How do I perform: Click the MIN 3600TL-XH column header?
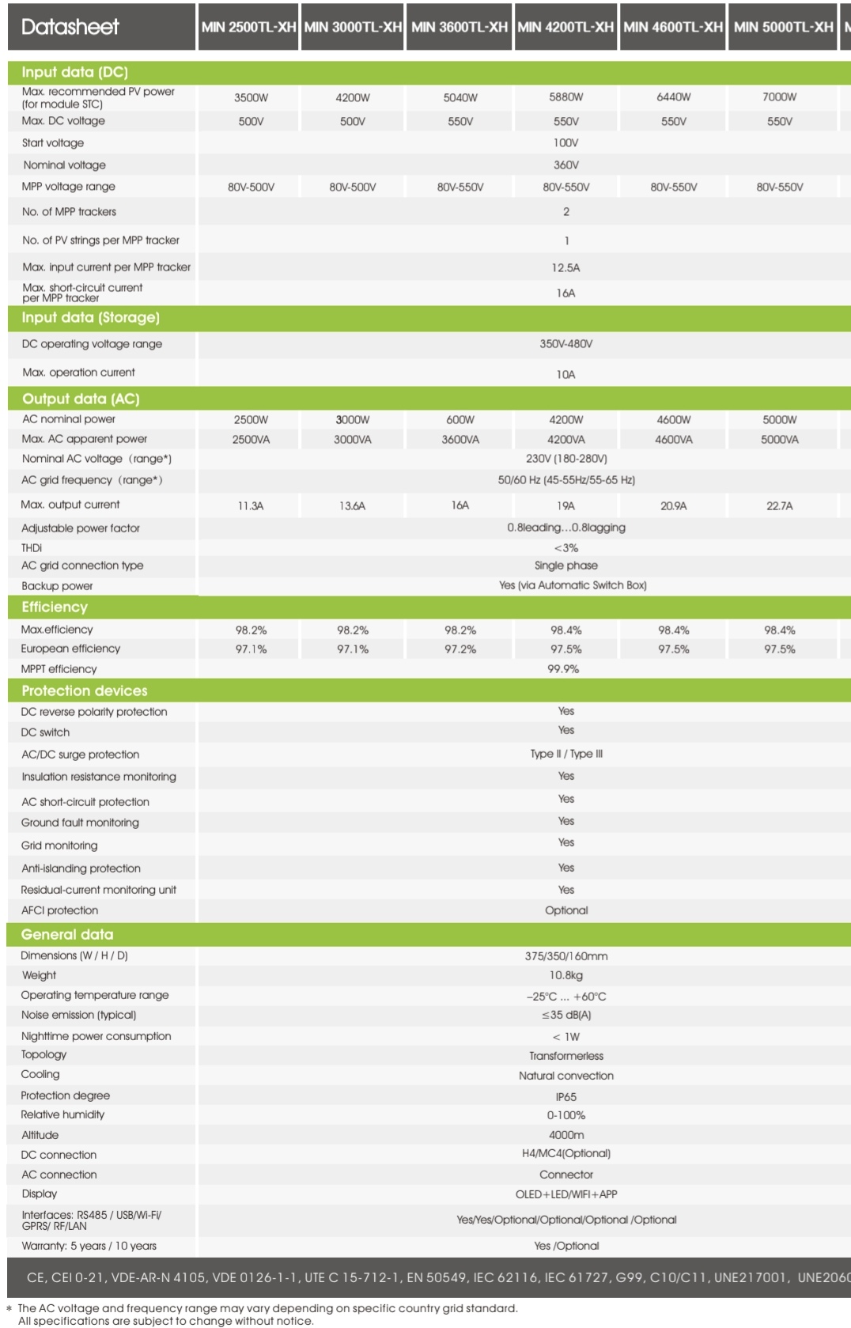coord(459,27)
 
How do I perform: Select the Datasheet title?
coord(70,27)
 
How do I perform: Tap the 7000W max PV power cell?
coord(779,97)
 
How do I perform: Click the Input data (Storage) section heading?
coord(90,318)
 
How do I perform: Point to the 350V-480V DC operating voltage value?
coord(565,344)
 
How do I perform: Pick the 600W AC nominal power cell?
coord(460,420)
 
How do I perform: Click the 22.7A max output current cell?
coord(779,506)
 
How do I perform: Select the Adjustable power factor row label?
coord(81,528)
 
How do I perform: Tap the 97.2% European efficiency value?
coord(460,649)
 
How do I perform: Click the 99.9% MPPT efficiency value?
coord(563,669)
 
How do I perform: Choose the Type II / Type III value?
coord(566,755)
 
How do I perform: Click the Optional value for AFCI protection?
coord(566,910)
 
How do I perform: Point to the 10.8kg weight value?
coord(566,976)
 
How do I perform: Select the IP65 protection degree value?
coord(566,1097)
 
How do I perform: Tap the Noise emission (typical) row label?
coord(78,1015)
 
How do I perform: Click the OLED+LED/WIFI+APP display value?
coord(566,1194)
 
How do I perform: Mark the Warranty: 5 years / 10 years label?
coord(89,1246)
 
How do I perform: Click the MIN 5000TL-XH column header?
coord(783,27)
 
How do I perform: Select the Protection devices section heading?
coord(84,691)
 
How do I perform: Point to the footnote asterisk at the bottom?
coord(9,1310)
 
